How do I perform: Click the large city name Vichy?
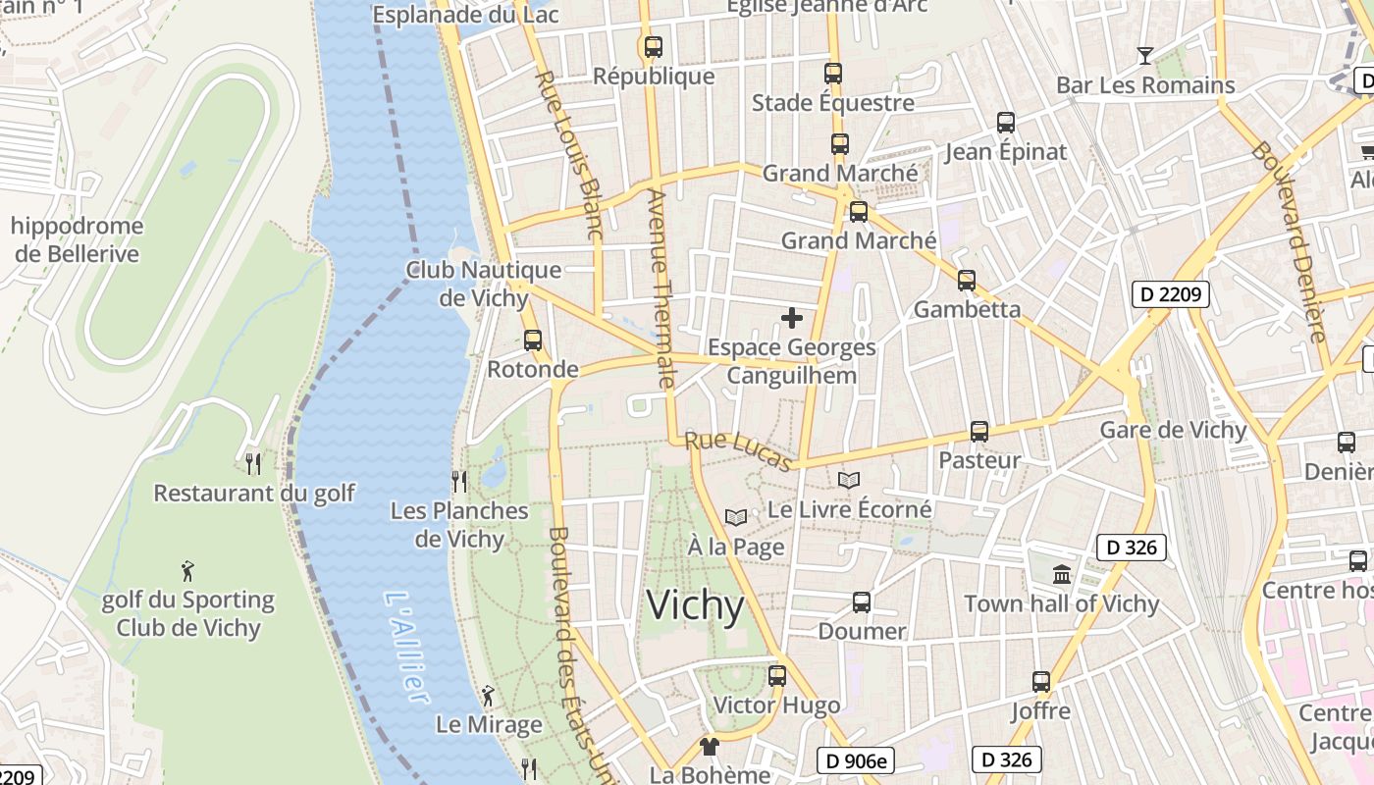tap(695, 605)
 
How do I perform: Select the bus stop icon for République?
tap(653, 46)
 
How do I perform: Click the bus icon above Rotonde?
tap(533, 340)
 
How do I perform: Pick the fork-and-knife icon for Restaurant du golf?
tap(253, 463)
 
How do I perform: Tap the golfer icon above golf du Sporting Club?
tap(187, 570)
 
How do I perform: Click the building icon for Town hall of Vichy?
tap(1061, 574)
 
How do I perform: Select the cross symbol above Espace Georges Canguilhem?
tap(791, 318)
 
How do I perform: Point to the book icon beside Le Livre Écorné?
tap(849, 480)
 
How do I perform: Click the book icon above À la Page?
tap(735, 517)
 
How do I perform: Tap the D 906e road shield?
tap(856, 759)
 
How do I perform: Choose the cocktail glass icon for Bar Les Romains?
tap(1144, 55)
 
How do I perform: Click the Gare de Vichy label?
tap(1173, 430)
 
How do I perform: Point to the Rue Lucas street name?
tap(738, 451)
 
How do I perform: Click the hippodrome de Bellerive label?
tap(77, 239)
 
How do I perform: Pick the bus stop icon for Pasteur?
tap(978, 431)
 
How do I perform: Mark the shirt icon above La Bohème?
tap(709, 746)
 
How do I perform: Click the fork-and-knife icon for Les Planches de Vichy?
tap(458, 481)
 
